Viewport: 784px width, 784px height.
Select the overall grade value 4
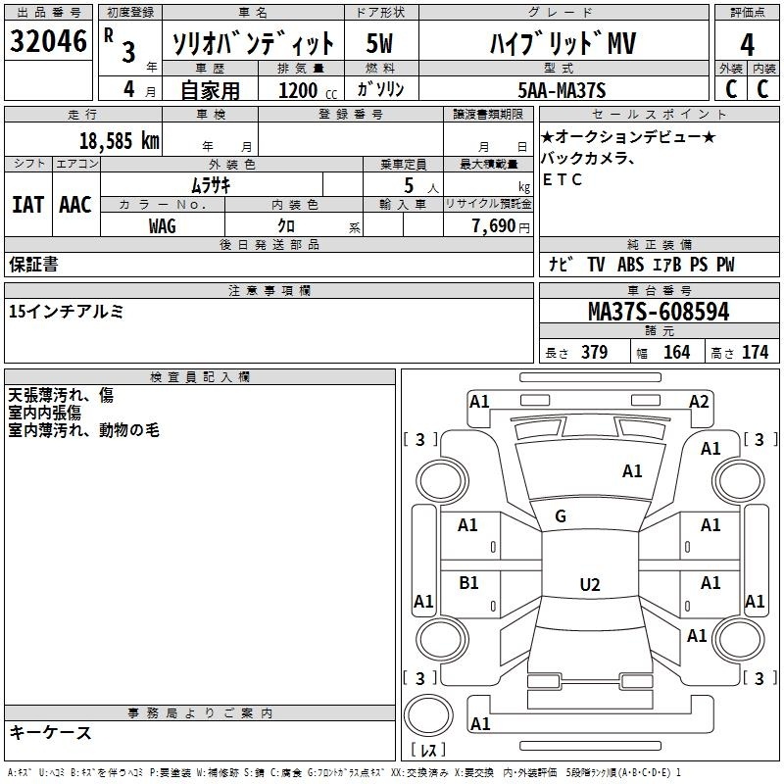[x=747, y=45]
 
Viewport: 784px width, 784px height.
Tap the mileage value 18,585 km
[x=120, y=140]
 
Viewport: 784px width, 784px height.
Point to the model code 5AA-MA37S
[x=562, y=91]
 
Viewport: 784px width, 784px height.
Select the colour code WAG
[x=163, y=226]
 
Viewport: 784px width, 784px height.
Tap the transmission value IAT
[x=27, y=204]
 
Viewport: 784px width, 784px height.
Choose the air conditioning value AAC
[x=75, y=204]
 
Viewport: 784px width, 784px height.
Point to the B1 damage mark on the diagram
[x=468, y=583]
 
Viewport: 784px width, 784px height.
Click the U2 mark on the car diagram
[x=589, y=585]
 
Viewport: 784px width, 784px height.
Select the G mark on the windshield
[x=561, y=516]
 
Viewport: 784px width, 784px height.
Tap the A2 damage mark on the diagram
[x=698, y=401]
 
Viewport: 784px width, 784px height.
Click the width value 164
[x=676, y=352]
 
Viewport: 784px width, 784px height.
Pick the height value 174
[x=755, y=352]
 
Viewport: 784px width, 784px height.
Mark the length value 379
[x=594, y=352]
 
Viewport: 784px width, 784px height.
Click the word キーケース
[x=50, y=732]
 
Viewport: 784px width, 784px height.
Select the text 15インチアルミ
[x=66, y=312]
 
